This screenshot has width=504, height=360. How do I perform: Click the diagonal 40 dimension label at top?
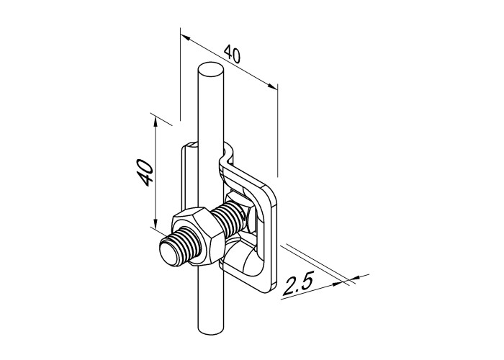click(x=232, y=54)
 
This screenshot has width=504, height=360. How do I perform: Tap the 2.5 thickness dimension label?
click(x=297, y=282)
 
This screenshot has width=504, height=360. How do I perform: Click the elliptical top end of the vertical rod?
click(x=210, y=70)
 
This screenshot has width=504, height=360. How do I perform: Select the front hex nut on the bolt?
click(x=198, y=236)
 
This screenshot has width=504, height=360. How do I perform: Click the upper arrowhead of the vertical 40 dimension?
click(x=156, y=122)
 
